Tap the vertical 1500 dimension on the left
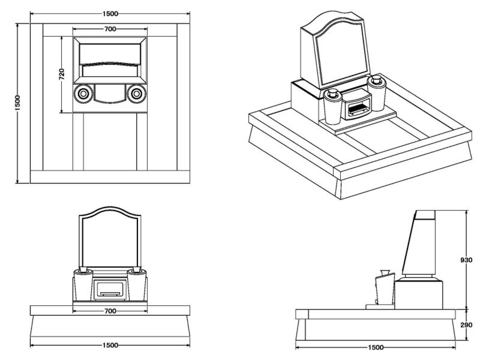click(18, 103)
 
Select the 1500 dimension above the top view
click(110, 13)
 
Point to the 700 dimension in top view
click(110, 29)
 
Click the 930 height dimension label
click(467, 260)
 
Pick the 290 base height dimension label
click(467, 325)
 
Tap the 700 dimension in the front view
click(110, 311)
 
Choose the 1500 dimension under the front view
click(110, 346)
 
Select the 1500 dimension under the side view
click(375, 347)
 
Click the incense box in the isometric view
click(357, 108)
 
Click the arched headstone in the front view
click(110, 237)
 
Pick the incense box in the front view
click(110, 289)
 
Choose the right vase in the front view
click(137, 285)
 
